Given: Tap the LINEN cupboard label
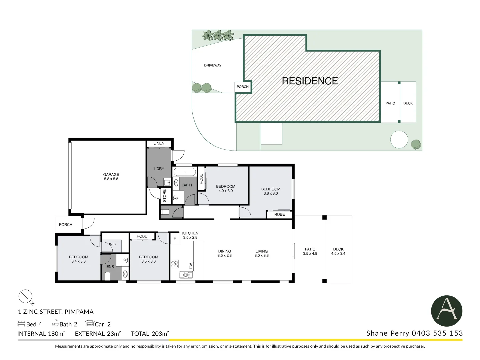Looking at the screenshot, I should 159,143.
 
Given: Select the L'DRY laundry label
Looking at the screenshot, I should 159,169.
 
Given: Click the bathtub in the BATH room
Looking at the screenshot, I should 185,172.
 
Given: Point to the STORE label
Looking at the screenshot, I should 164,196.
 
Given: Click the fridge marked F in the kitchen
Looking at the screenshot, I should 175,239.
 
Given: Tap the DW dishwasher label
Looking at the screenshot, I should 191,266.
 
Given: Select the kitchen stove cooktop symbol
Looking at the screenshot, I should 175,264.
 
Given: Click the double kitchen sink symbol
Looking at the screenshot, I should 186,275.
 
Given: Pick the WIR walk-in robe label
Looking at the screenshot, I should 113,244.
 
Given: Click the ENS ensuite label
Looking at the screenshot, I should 110,267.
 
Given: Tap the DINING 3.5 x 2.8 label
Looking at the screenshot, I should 224,253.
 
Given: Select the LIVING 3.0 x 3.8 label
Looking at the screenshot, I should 261,253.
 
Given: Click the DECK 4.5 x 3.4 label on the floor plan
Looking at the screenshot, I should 338,251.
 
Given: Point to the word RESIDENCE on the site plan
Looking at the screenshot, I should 310,81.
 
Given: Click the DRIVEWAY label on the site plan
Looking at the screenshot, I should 213,65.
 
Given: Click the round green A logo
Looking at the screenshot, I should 446,311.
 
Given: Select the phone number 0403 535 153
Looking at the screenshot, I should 437,333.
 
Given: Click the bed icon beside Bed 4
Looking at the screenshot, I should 21,323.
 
